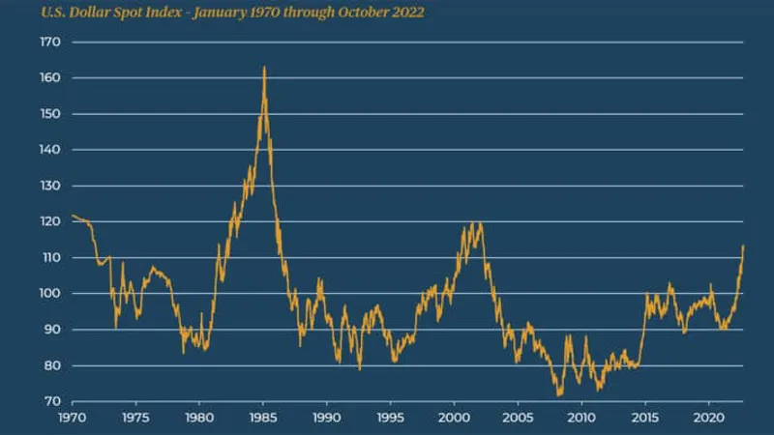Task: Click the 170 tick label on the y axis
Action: tap(49, 43)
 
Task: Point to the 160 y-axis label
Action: tap(49, 78)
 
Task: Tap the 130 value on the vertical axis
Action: tap(49, 186)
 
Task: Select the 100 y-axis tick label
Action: tap(49, 294)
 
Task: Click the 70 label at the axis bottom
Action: tap(52, 401)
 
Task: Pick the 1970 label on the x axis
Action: tap(73, 419)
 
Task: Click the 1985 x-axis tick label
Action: tap(263, 419)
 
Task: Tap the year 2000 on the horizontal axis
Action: tap(454, 419)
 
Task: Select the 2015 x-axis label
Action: tap(644, 419)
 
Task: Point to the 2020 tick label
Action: tap(708, 419)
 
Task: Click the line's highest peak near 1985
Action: tap(264, 68)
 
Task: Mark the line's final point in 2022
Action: tap(743, 246)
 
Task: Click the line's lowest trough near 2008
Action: tap(558, 395)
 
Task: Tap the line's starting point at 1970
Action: tap(73, 216)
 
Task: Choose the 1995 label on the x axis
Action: tap(390, 419)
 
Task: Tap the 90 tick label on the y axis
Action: tap(52, 330)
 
